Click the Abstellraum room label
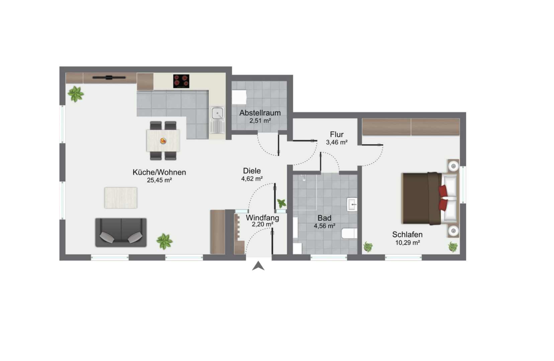(260, 113)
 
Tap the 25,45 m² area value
(159, 180)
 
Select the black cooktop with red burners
(181, 81)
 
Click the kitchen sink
(217, 120)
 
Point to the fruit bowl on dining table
(163, 141)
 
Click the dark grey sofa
(121, 232)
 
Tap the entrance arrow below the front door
(258, 266)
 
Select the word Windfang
(262, 218)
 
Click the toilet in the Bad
(349, 233)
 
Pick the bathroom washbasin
(352, 204)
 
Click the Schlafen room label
(407, 235)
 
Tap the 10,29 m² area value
(407, 243)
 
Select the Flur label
(337, 134)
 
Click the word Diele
(252, 171)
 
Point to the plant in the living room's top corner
(76, 94)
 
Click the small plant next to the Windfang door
(282, 204)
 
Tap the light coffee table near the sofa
(121, 198)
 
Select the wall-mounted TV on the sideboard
(109, 78)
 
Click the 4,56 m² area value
(325, 226)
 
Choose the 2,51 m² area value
(260, 121)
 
